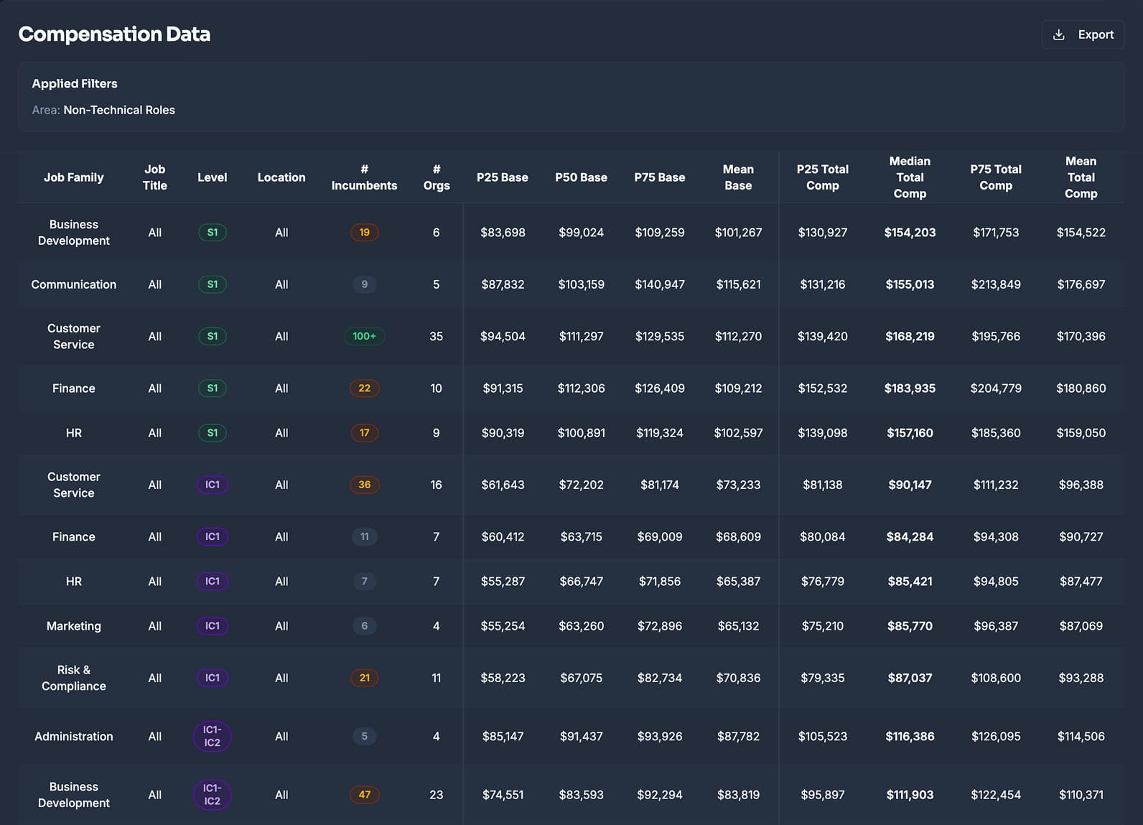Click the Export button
[1083, 34]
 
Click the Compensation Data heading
[114, 34]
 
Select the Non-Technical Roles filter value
[119, 110]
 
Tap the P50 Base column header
[581, 177]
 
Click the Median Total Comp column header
[910, 177]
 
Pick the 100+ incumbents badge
[364, 336]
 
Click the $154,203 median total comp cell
[910, 233]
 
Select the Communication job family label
[74, 284]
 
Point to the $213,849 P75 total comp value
[996, 284]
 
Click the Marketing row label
[74, 626]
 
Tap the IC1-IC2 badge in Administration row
[212, 736]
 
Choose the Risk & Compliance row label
[74, 678]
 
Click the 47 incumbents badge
[364, 795]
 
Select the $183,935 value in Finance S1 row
[910, 388]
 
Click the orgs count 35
[436, 336]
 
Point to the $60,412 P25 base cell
[503, 536]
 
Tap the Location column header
[281, 177]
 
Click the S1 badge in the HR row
[212, 433]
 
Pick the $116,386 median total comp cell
[910, 736]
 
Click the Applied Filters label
[75, 83]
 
